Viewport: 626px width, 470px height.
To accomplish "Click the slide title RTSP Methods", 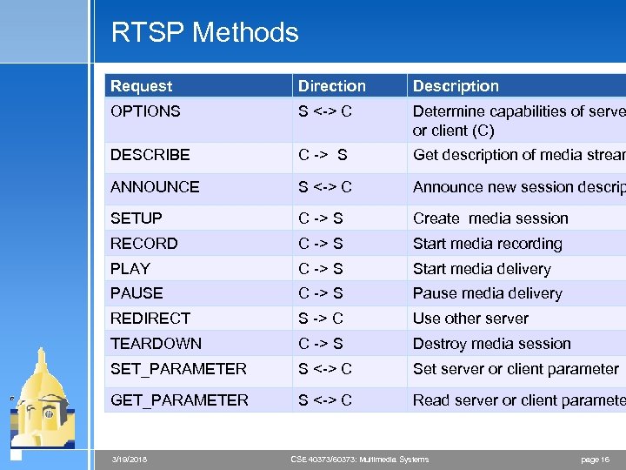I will (205, 33).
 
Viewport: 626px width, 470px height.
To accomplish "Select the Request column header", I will (142, 86).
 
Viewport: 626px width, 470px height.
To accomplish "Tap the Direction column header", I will (332, 86).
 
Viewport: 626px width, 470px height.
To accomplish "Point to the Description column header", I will (456, 86).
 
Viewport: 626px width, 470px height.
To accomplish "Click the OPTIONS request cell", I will (145, 111).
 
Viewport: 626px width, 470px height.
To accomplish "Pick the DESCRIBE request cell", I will (150, 155).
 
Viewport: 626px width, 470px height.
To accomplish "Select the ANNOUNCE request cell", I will (155, 186).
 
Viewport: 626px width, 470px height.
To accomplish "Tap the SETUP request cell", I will (137, 218).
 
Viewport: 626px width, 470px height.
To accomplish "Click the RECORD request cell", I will (143, 244).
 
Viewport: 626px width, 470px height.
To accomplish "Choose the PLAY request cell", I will (130, 269).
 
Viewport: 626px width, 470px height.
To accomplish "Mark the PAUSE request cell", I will (137, 293).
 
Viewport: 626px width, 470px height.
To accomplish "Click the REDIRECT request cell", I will (150, 319).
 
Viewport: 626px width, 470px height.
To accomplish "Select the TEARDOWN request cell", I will (156, 344).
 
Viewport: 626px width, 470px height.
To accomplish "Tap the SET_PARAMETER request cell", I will (178, 369).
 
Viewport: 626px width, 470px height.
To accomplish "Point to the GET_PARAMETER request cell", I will (179, 400).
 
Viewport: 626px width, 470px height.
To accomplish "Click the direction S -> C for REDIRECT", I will (321, 319).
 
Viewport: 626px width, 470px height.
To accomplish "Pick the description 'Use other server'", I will (470, 319).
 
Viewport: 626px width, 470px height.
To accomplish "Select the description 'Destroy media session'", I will (491, 344).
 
